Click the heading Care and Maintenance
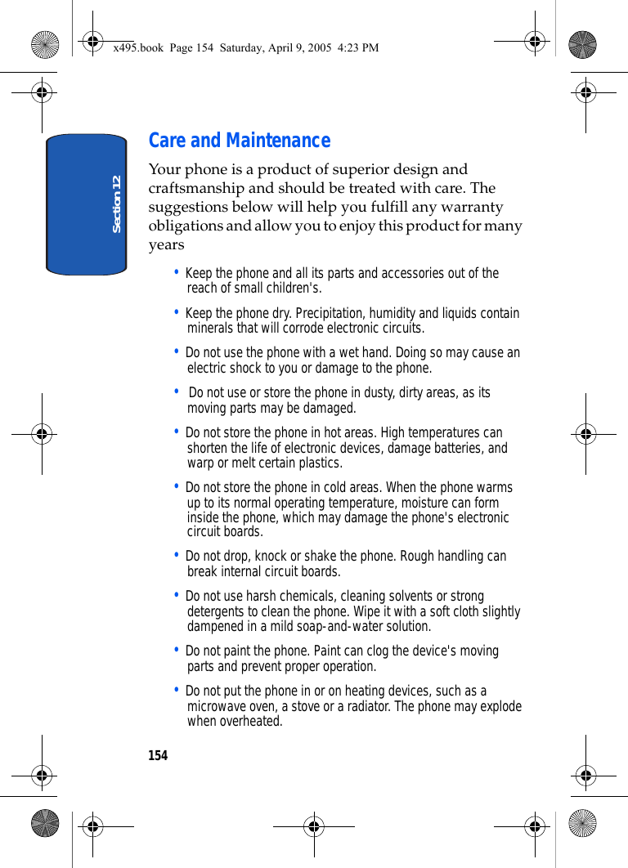(x=240, y=141)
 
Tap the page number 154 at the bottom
(x=158, y=756)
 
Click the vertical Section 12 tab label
(x=117, y=204)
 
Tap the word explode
(x=500, y=706)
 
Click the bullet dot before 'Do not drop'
(x=177, y=555)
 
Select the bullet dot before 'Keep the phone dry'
(x=177, y=312)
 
